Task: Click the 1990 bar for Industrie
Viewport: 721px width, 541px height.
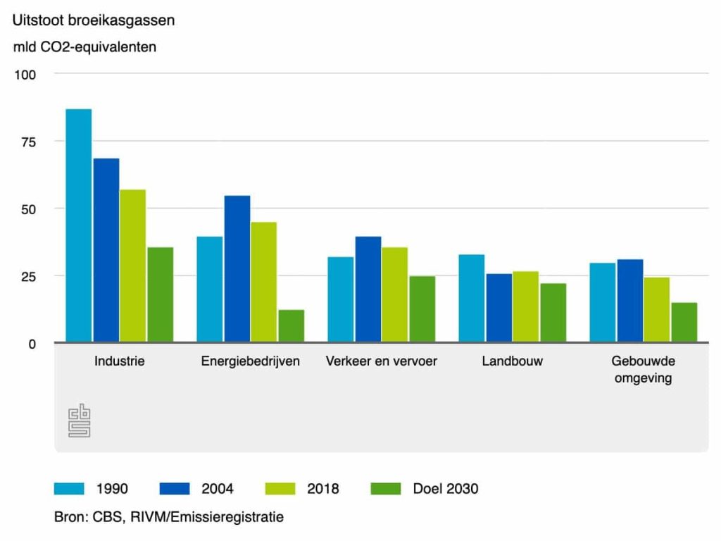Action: click(79, 225)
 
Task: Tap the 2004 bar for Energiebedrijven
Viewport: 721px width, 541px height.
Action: click(237, 268)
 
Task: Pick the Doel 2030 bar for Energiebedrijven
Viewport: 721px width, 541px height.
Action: click(291, 325)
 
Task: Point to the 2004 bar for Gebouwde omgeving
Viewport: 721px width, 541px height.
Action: click(630, 301)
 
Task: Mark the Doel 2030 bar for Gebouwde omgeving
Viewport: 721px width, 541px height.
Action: click(684, 322)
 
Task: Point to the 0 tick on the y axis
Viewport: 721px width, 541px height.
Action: click(32, 344)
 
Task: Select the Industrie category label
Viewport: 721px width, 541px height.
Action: click(120, 361)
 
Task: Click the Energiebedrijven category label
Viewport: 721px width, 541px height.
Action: click(251, 361)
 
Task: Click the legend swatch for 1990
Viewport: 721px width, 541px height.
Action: click(70, 488)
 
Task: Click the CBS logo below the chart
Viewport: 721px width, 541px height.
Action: click(79, 421)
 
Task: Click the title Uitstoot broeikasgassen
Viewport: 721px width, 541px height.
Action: click(94, 20)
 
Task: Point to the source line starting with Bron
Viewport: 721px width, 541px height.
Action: click(169, 517)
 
